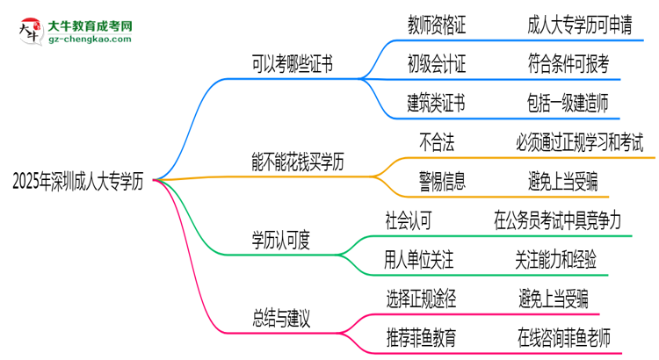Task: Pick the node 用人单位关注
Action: [x=420, y=259]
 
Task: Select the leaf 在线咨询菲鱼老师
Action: [x=576, y=337]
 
